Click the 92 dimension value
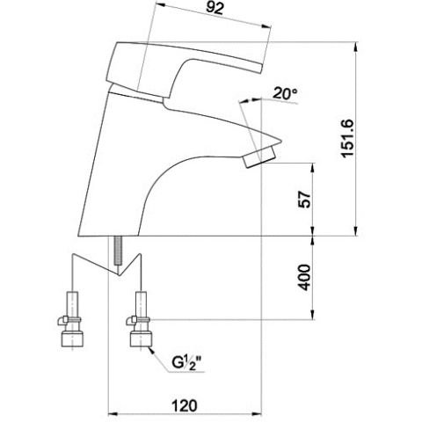pyautogui.click(x=215, y=9)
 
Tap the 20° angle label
pyautogui.click(x=285, y=93)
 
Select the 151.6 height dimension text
pyautogui.click(x=348, y=139)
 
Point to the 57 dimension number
pyautogui.click(x=305, y=200)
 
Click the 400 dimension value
pyautogui.click(x=305, y=278)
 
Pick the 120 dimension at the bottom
pyautogui.click(x=184, y=406)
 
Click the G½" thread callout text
pyautogui.click(x=186, y=362)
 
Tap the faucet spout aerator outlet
pyautogui.click(x=260, y=157)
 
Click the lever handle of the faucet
pyautogui.click(x=185, y=70)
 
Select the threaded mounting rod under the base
pyautogui.click(x=118, y=251)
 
